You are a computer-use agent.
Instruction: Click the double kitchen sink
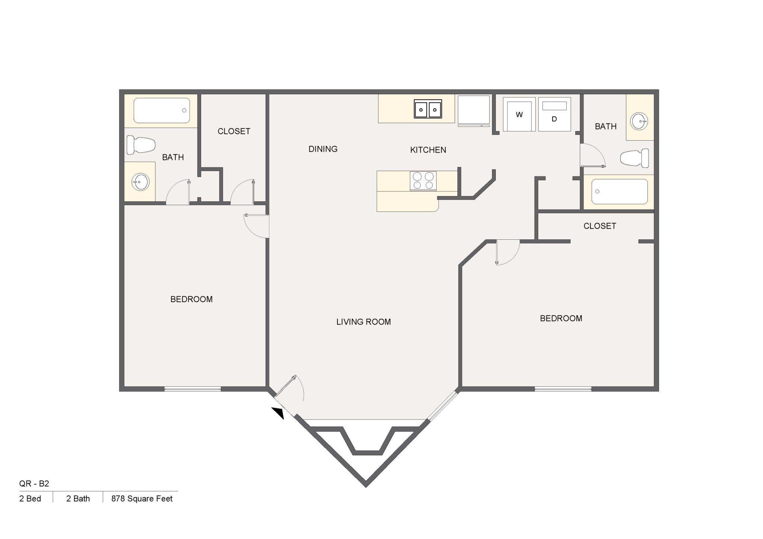pos(428,109)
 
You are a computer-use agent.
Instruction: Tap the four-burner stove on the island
pos(423,181)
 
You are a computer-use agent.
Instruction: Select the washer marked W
pos(519,114)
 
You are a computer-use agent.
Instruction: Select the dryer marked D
pos(554,114)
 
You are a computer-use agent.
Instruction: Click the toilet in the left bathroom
pos(140,145)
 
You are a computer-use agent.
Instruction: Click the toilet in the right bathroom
pos(634,158)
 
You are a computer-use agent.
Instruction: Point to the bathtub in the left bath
pos(161,111)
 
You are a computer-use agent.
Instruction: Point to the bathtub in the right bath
pos(620,191)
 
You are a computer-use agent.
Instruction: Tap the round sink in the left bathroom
pos(140,182)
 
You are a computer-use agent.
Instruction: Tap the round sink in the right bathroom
pos(639,121)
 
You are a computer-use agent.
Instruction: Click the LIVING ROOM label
pos(363,322)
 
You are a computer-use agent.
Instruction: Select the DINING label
pos(323,149)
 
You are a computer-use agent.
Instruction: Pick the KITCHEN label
pos(428,150)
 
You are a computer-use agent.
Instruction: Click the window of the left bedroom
pos(193,389)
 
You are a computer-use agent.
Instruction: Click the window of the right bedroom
pos(563,389)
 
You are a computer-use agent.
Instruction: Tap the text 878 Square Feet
pos(142,499)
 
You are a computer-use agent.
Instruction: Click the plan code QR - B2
pos(34,484)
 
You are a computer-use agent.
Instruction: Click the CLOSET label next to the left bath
pos(234,131)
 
